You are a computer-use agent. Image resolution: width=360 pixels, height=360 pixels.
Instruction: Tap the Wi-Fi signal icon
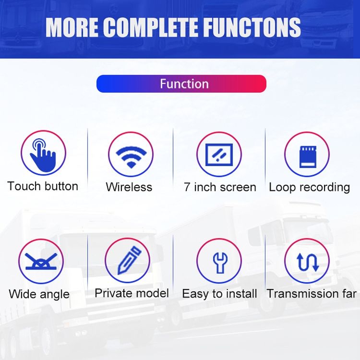(131, 157)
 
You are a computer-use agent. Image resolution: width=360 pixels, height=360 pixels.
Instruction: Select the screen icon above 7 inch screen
(219, 155)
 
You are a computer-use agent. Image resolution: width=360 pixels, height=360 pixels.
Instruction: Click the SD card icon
(308, 156)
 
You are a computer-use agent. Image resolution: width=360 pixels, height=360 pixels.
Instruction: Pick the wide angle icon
(41, 261)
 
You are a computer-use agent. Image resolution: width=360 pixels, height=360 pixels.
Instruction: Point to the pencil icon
(129, 260)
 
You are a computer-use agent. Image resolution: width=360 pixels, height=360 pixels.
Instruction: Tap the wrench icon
(220, 263)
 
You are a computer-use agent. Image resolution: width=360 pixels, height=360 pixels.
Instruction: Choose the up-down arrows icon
(308, 262)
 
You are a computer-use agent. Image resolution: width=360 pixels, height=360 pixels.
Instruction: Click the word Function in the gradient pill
(184, 84)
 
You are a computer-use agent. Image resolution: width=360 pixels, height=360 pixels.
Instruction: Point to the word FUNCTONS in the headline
(252, 27)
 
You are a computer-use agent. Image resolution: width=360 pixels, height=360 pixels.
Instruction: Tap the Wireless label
(129, 187)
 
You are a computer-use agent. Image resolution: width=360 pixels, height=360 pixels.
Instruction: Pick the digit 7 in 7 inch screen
(187, 187)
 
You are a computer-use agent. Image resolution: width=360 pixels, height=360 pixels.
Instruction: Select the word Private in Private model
(113, 293)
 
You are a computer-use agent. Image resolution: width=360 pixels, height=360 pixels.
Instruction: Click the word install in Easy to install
(241, 294)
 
